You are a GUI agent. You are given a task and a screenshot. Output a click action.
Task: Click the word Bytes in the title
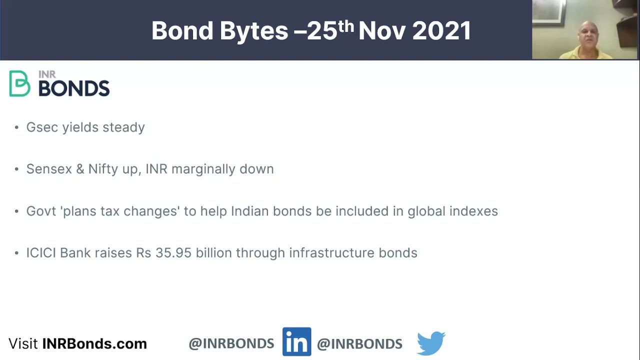pyautogui.click(x=253, y=31)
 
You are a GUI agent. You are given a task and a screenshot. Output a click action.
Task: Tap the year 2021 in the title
pyautogui.click(x=441, y=31)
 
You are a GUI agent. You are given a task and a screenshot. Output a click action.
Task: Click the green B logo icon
pyautogui.click(x=19, y=83)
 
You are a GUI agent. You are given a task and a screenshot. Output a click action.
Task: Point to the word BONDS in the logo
pyautogui.click(x=74, y=88)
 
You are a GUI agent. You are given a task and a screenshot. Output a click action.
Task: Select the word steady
pyautogui.click(x=123, y=127)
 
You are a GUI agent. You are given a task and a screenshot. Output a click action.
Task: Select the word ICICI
pyautogui.click(x=41, y=253)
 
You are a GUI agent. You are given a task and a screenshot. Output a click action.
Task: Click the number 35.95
pyautogui.click(x=173, y=253)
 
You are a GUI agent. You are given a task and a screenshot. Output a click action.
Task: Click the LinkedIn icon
pyautogui.click(x=296, y=342)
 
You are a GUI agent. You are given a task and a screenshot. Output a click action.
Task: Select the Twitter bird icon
pyautogui.click(x=431, y=343)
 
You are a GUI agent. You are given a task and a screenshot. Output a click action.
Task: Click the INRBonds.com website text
pyautogui.click(x=94, y=344)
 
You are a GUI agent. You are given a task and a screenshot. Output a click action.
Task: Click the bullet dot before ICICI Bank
pyautogui.click(x=16, y=253)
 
